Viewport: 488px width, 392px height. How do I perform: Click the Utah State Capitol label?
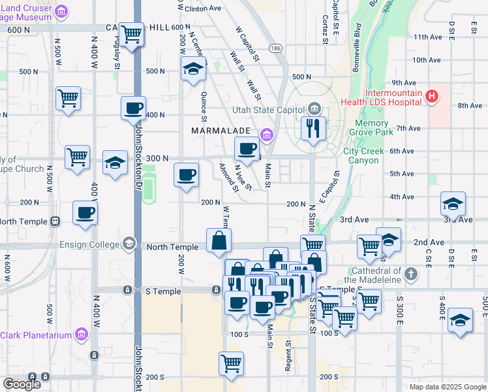coord(269,108)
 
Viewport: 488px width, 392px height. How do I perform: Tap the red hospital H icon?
coord(431,97)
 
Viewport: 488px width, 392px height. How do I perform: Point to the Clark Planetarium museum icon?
coord(82,335)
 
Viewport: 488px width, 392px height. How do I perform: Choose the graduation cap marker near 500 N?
coord(193,69)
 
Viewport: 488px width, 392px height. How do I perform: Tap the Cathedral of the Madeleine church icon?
coord(410,271)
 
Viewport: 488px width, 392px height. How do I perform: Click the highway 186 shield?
coord(276,49)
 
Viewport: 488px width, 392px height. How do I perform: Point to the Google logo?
coord(22,384)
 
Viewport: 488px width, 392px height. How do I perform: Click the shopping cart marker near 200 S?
coord(232,363)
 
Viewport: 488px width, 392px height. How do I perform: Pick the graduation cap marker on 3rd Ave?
coord(453,203)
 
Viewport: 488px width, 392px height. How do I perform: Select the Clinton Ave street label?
coord(203,9)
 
